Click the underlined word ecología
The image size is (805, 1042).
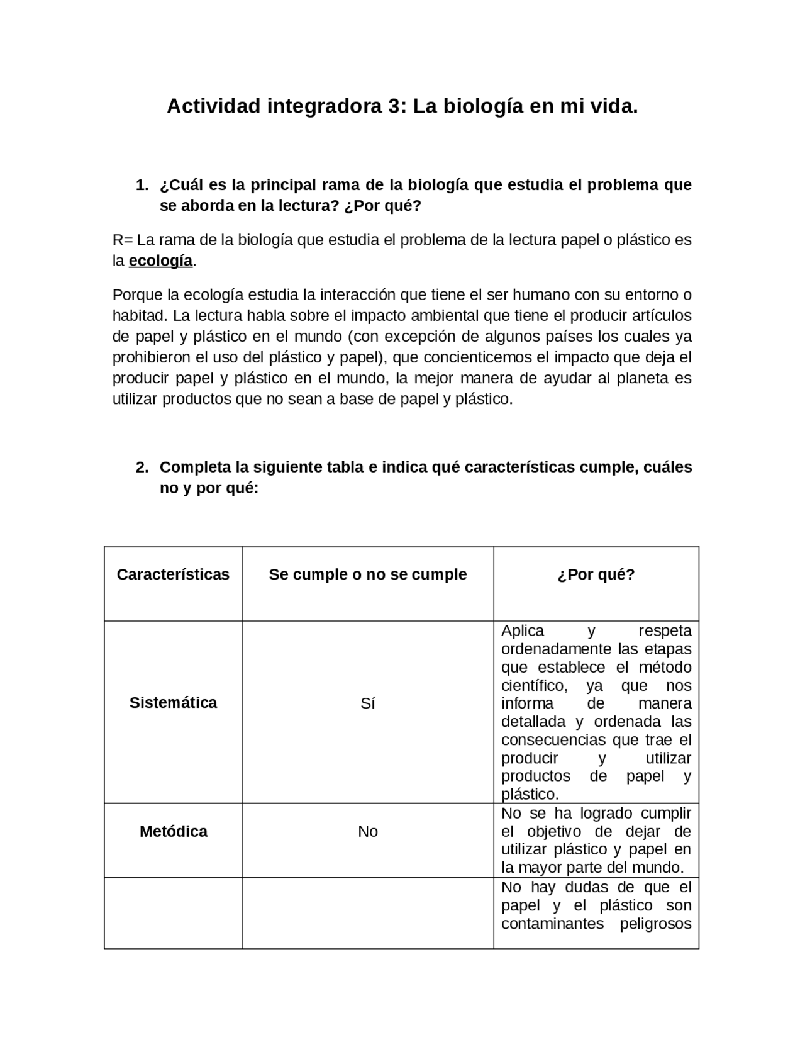click(x=160, y=261)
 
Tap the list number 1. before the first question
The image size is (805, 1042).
click(x=142, y=185)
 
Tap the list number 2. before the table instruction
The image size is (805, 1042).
click(x=142, y=468)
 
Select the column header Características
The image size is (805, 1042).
click(x=173, y=574)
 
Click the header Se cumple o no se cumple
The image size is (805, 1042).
click(x=368, y=574)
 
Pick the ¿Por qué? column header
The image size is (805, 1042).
click(x=596, y=574)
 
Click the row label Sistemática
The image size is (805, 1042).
click(x=173, y=703)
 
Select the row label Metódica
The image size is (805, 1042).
click(x=173, y=832)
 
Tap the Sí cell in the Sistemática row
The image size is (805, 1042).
click(x=368, y=703)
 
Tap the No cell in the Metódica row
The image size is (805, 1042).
click(x=368, y=832)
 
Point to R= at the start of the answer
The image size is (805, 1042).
click(x=123, y=240)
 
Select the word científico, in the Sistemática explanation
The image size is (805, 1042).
click(x=534, y=685)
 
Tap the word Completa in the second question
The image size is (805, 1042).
click(x=195, y=468)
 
